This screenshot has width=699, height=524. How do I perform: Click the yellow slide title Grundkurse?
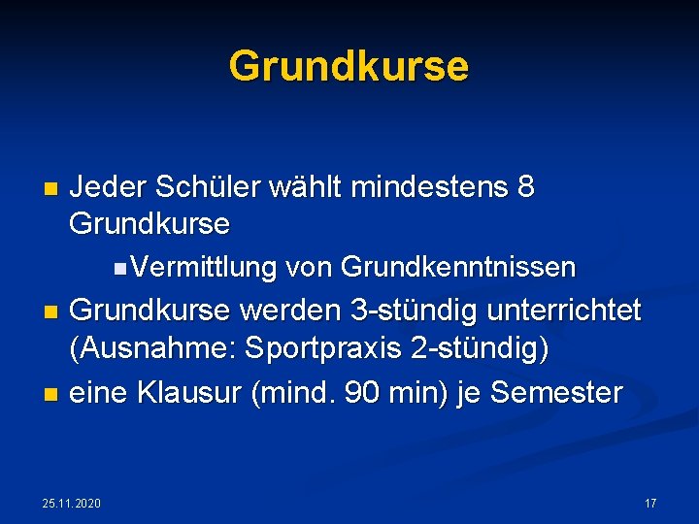coord(349,67)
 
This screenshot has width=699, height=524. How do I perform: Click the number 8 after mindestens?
coord(526,187)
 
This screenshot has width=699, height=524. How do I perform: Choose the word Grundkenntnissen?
coord(459,267)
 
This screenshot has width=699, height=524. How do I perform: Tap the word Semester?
coord(556,393)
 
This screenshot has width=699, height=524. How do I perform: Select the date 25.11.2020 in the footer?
coord(72,504)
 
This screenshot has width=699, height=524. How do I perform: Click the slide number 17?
coord(650,504)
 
